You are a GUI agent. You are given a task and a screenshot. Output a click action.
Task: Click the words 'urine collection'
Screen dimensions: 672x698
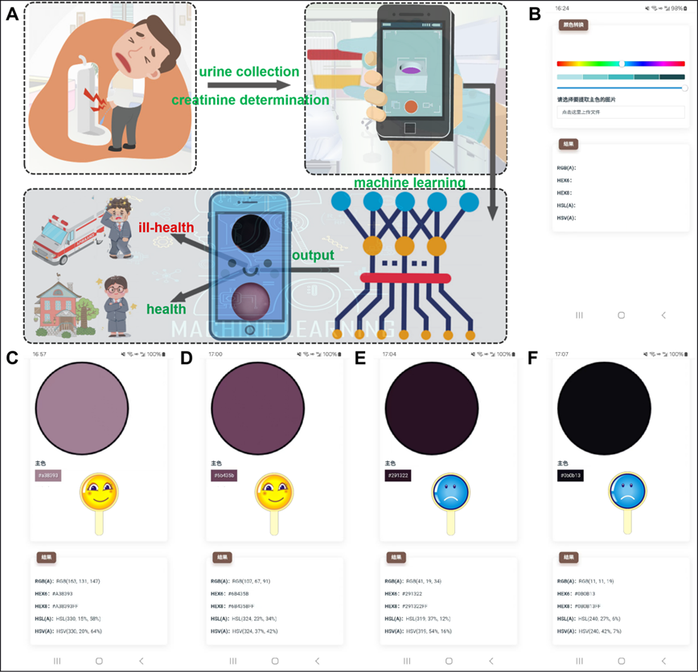pyautogui.click(x=249, y=72)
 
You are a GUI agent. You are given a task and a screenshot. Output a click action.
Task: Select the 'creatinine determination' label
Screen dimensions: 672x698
pyautogui.click(x=250, y=100)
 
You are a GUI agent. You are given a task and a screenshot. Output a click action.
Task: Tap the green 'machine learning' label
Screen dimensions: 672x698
pyautogui.click(x=409, y=182)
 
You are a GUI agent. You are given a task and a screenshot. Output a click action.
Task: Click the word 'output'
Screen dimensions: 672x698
pyautogui.click(x=313, y=255)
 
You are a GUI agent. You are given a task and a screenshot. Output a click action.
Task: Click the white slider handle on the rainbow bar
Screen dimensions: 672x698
pyautogui.click(x=622, y=64)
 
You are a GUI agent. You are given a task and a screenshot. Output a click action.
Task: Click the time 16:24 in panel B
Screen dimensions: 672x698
pyautogui.click(x=564, y=8)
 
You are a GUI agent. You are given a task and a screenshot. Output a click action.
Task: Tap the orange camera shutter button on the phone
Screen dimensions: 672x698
pyautogui.click(x=411, y=106)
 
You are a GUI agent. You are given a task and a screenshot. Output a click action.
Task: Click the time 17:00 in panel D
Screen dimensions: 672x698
pyautogui.click(x=215, y=354)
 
